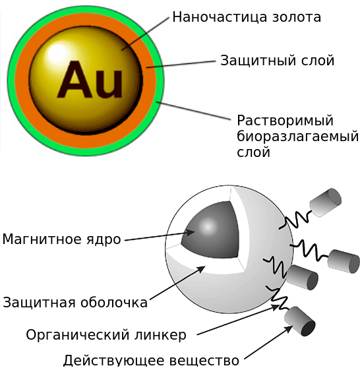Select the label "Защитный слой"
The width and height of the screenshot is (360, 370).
click(x=277, y=61)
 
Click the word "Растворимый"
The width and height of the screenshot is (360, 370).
click(x=285, y=121)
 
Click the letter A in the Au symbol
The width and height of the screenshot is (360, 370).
click(x=75, y=79)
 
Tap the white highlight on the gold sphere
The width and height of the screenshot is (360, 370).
click(x=56, y=53)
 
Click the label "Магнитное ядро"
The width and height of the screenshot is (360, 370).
click(x=61, y=239)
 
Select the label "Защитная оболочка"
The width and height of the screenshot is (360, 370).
click(x=75, y=303)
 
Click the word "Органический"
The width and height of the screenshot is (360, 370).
click(x=78, y=335)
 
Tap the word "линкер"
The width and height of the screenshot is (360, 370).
click(x=160, y=335)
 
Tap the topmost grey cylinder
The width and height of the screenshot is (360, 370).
click(x=325, y=202)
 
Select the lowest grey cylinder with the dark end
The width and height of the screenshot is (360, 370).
click(x=300, y=321)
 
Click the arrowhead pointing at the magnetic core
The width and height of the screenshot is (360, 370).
click(x=190, y=232)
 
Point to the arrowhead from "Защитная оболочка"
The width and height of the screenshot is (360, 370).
click(x=200, y=269)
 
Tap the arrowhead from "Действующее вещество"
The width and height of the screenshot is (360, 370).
click(x=288, y=329)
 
